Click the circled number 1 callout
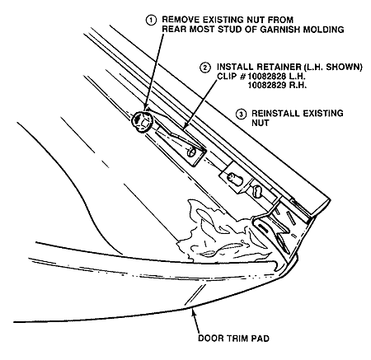tap(151, 21)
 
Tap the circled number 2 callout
tap(205, 68)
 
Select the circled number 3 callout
tap(242, 114)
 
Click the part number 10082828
tap(265, 76)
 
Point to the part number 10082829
tap(265, 86)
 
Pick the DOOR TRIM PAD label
tap(233, 338)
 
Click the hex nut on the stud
tap(142, 121)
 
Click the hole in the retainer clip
tap(191, 152)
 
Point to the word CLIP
tap(227, 76)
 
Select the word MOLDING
tap(323, 29)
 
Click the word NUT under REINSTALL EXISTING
tap(261, 123)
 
